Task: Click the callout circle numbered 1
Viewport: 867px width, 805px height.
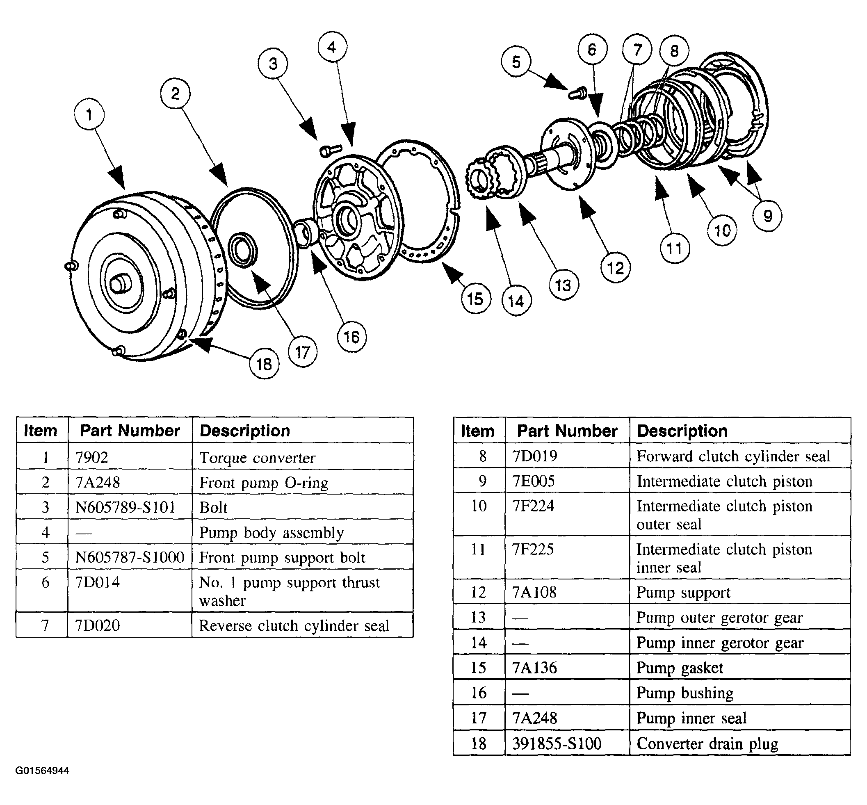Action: [x=89, y=114]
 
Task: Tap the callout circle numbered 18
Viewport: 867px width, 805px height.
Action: [x=264, y=364]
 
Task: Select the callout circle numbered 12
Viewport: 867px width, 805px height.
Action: [x=615, y=268]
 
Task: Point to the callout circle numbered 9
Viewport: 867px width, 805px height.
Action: [x=767, y=216]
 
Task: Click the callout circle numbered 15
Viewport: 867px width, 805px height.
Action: [x=476, y=299]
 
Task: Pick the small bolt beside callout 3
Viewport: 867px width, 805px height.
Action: [x=327, y=150]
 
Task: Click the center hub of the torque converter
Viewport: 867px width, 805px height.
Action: [x=120, y=284]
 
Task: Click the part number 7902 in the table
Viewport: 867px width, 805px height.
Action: [x=91, y=457]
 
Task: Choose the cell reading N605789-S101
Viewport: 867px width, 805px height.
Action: [x=125, y=507]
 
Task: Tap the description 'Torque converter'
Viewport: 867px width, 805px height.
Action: [x=257, y=458]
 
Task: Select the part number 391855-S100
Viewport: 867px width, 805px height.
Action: [x=557, y=743]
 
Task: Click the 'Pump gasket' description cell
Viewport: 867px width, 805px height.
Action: [x=679, y=668]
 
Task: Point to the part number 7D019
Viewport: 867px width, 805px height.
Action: [x=534, y=456]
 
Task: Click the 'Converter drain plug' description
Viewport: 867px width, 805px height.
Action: [x=707, y=743]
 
